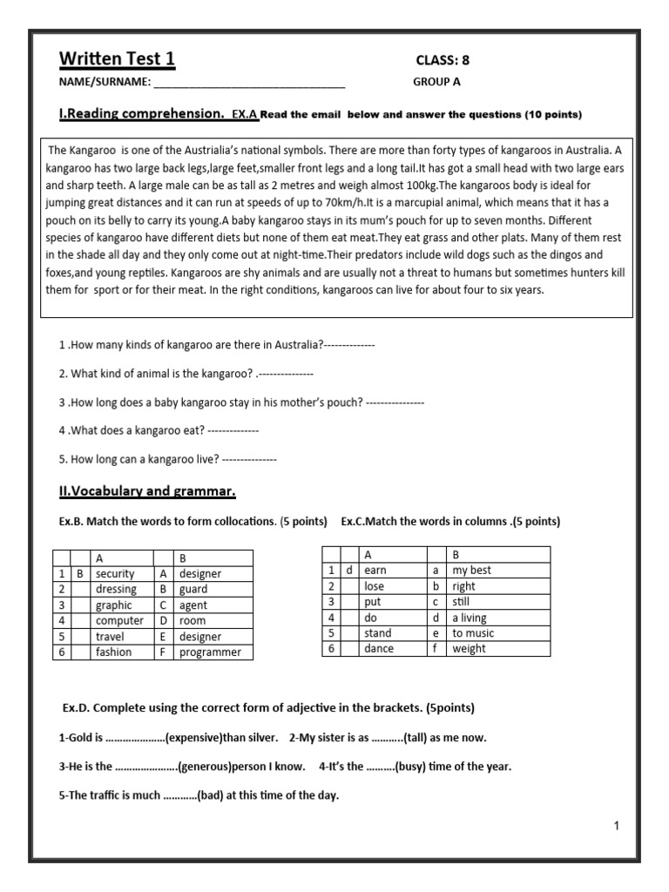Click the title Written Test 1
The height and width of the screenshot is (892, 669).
117,59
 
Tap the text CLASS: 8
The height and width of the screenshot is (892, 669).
448,60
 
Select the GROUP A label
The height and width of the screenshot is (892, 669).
436,83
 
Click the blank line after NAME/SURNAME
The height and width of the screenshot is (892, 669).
249,84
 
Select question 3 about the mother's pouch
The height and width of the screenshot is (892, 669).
240,402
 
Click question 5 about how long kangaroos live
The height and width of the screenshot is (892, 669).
167,458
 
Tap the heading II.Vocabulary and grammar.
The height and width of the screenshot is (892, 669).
147,491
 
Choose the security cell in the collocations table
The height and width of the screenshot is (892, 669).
115,574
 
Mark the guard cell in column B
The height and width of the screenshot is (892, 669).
193,590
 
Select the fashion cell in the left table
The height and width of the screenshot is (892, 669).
114,652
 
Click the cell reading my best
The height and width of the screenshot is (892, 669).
471,571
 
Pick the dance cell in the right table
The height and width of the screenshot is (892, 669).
378,649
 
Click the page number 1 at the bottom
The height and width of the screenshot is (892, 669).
616,827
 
